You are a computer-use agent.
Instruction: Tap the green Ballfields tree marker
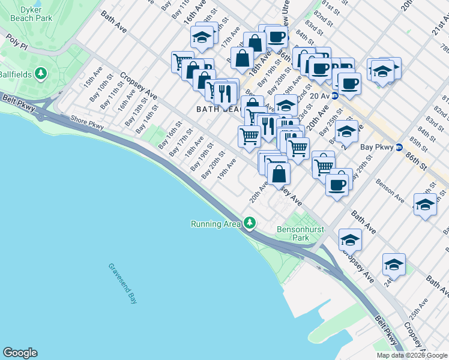(x=41, y=74)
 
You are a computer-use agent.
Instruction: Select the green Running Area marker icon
(x=249, y=224)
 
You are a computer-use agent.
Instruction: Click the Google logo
(x=20, y=353)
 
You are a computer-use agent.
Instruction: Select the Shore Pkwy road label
(x=87, y=122)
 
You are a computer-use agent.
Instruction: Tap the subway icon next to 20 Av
(x=336, y=95)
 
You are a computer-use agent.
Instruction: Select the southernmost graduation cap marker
(x=394, y=264)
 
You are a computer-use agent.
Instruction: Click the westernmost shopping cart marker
(x=182, y=62)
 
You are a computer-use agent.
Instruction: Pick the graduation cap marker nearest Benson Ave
(x=425, y=205)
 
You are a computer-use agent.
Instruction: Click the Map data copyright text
(x=412, y=355)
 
